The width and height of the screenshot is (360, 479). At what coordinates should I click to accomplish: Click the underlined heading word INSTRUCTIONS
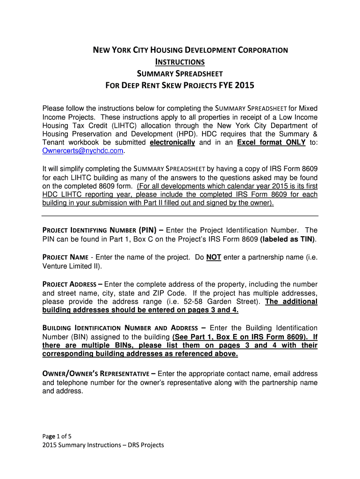point(180,62)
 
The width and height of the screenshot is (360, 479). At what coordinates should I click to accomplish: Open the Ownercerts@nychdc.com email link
point(83,151)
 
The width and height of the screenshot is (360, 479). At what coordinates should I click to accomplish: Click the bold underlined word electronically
point(172,142)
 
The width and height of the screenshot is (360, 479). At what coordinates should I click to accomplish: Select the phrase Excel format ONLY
point(271,142)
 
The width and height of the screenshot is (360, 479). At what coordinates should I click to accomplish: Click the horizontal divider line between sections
point(180,216)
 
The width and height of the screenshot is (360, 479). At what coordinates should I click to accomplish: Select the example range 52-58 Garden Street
point(208,302)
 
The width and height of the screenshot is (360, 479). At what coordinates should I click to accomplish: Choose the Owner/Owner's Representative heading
point(96,373)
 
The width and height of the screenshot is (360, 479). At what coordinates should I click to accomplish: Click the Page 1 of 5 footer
point(57,435)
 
